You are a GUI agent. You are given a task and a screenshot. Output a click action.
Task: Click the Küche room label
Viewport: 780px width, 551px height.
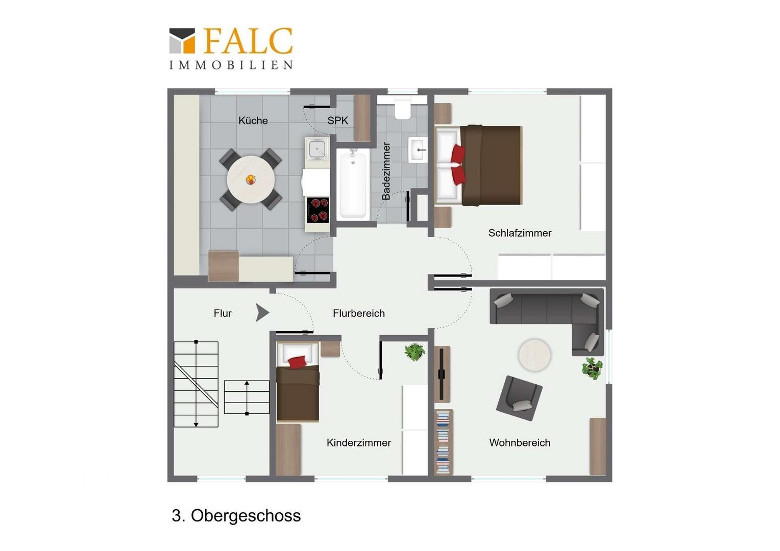click(x=253, y=120)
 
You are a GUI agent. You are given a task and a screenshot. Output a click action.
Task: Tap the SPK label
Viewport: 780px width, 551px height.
click(x=337, y=120)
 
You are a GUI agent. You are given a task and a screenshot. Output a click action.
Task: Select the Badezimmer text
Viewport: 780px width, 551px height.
click(x=386, y=171)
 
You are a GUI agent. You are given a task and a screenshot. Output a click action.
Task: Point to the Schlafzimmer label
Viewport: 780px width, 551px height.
click(x=520, y=233)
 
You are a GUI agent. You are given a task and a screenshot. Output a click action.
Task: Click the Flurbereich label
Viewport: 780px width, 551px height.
click(x=359, y=313)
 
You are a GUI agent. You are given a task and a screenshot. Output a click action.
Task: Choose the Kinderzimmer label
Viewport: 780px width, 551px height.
click(x=359, y=443)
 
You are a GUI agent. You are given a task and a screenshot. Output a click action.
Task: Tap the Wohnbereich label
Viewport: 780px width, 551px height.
click(x=520, y=443)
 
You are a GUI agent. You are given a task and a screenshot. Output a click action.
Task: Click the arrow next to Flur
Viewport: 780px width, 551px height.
click(x=262, y=313)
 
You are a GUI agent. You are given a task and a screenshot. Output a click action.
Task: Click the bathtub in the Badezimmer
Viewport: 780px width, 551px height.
click(x=353, y=185)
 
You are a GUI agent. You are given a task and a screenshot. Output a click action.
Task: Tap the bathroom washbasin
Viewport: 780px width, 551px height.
click(x=418, y=149)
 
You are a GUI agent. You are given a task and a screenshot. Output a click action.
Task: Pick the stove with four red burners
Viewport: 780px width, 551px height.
click(x=318, y=210)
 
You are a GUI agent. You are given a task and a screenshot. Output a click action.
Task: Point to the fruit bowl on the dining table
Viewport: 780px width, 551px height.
click(x=250, y=180)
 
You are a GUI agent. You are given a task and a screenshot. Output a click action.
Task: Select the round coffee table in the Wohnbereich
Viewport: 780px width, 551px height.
click(x=534, y=356)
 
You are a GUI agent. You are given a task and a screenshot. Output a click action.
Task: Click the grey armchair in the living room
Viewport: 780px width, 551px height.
click(x=519, y=398)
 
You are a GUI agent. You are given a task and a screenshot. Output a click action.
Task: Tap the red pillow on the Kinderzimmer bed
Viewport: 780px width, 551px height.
click(x=297, y=362)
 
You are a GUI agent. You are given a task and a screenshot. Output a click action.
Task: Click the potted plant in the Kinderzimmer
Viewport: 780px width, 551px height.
click(x=415, y=352)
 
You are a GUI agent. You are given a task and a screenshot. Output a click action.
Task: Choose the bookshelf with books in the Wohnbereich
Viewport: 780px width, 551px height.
click(x=443, y=442)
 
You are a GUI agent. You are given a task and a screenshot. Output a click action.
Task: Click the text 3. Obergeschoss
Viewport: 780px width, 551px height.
click(x=236, y=515)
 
